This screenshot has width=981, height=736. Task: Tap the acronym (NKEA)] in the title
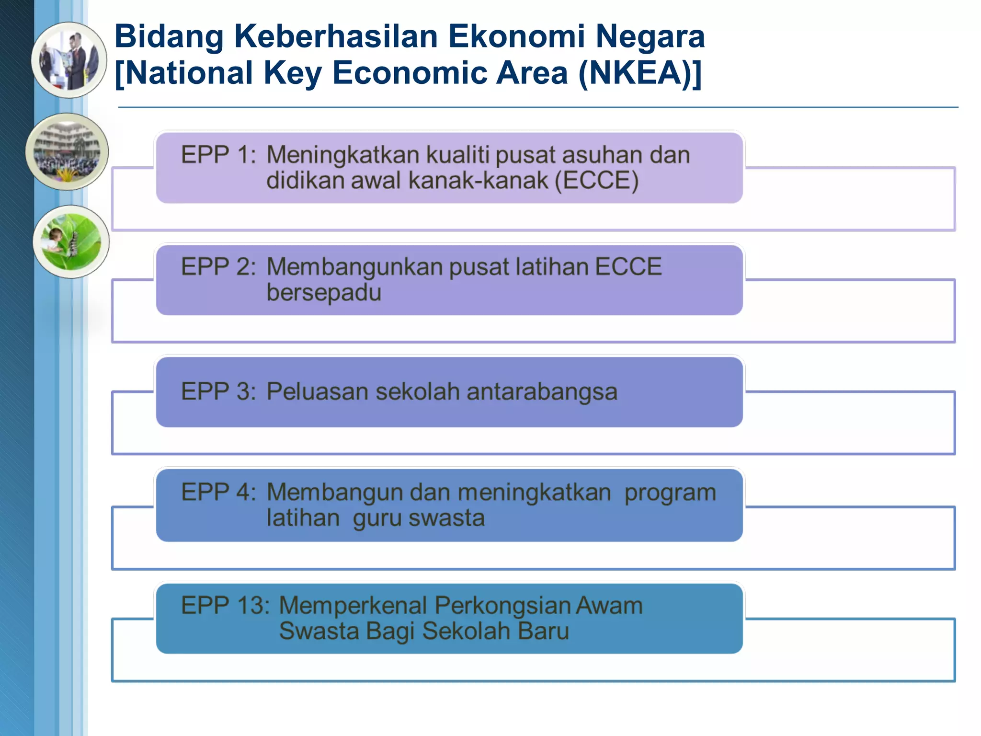point(640,73)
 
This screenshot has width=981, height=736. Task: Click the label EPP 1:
point(218,155)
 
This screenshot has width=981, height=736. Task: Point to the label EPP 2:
point(218,266)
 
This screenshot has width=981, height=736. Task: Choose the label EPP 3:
point(218,391)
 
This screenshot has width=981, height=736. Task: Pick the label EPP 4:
point(218,492)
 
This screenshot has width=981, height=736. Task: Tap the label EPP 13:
point(225,605)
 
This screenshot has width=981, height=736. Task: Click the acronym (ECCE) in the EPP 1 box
point(596,181)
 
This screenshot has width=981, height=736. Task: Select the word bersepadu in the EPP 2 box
point(324,292)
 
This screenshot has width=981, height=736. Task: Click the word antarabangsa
point(542,391)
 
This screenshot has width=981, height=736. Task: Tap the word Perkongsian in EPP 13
point(502,605)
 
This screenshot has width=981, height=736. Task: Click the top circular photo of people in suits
point(69,60)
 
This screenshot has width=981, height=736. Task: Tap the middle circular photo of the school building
point(67,151)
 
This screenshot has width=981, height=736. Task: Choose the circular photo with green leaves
point(71,241)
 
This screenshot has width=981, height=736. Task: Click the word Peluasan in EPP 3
point(317,391)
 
